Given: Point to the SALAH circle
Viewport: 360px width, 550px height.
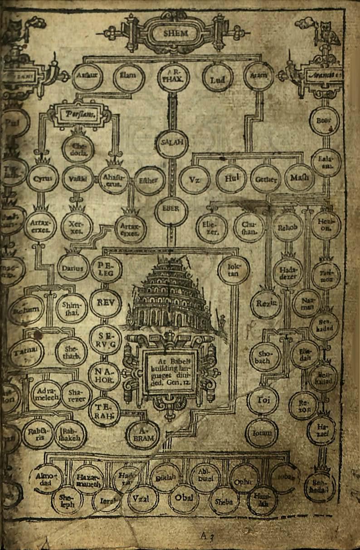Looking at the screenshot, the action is (x=172, y=143).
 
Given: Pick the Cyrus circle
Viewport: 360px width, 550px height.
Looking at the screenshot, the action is (x=43, y=178).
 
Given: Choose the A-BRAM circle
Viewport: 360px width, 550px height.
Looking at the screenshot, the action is (x=143, y=434).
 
